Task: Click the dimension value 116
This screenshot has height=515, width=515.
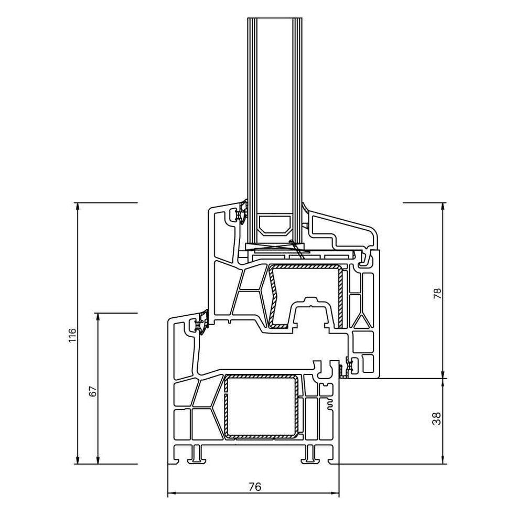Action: (x=72, y=335)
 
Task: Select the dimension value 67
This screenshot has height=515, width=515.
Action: (x=92, y=391)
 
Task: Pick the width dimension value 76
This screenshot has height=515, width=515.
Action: (x=254, y=487)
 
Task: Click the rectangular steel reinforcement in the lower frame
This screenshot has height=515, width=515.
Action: (x=262, y=406)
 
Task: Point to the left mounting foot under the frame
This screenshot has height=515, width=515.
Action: (x=197, y=454)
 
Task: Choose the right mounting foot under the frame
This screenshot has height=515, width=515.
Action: (x=310, y=454)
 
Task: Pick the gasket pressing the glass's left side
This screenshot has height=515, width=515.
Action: (x=242, y=212)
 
